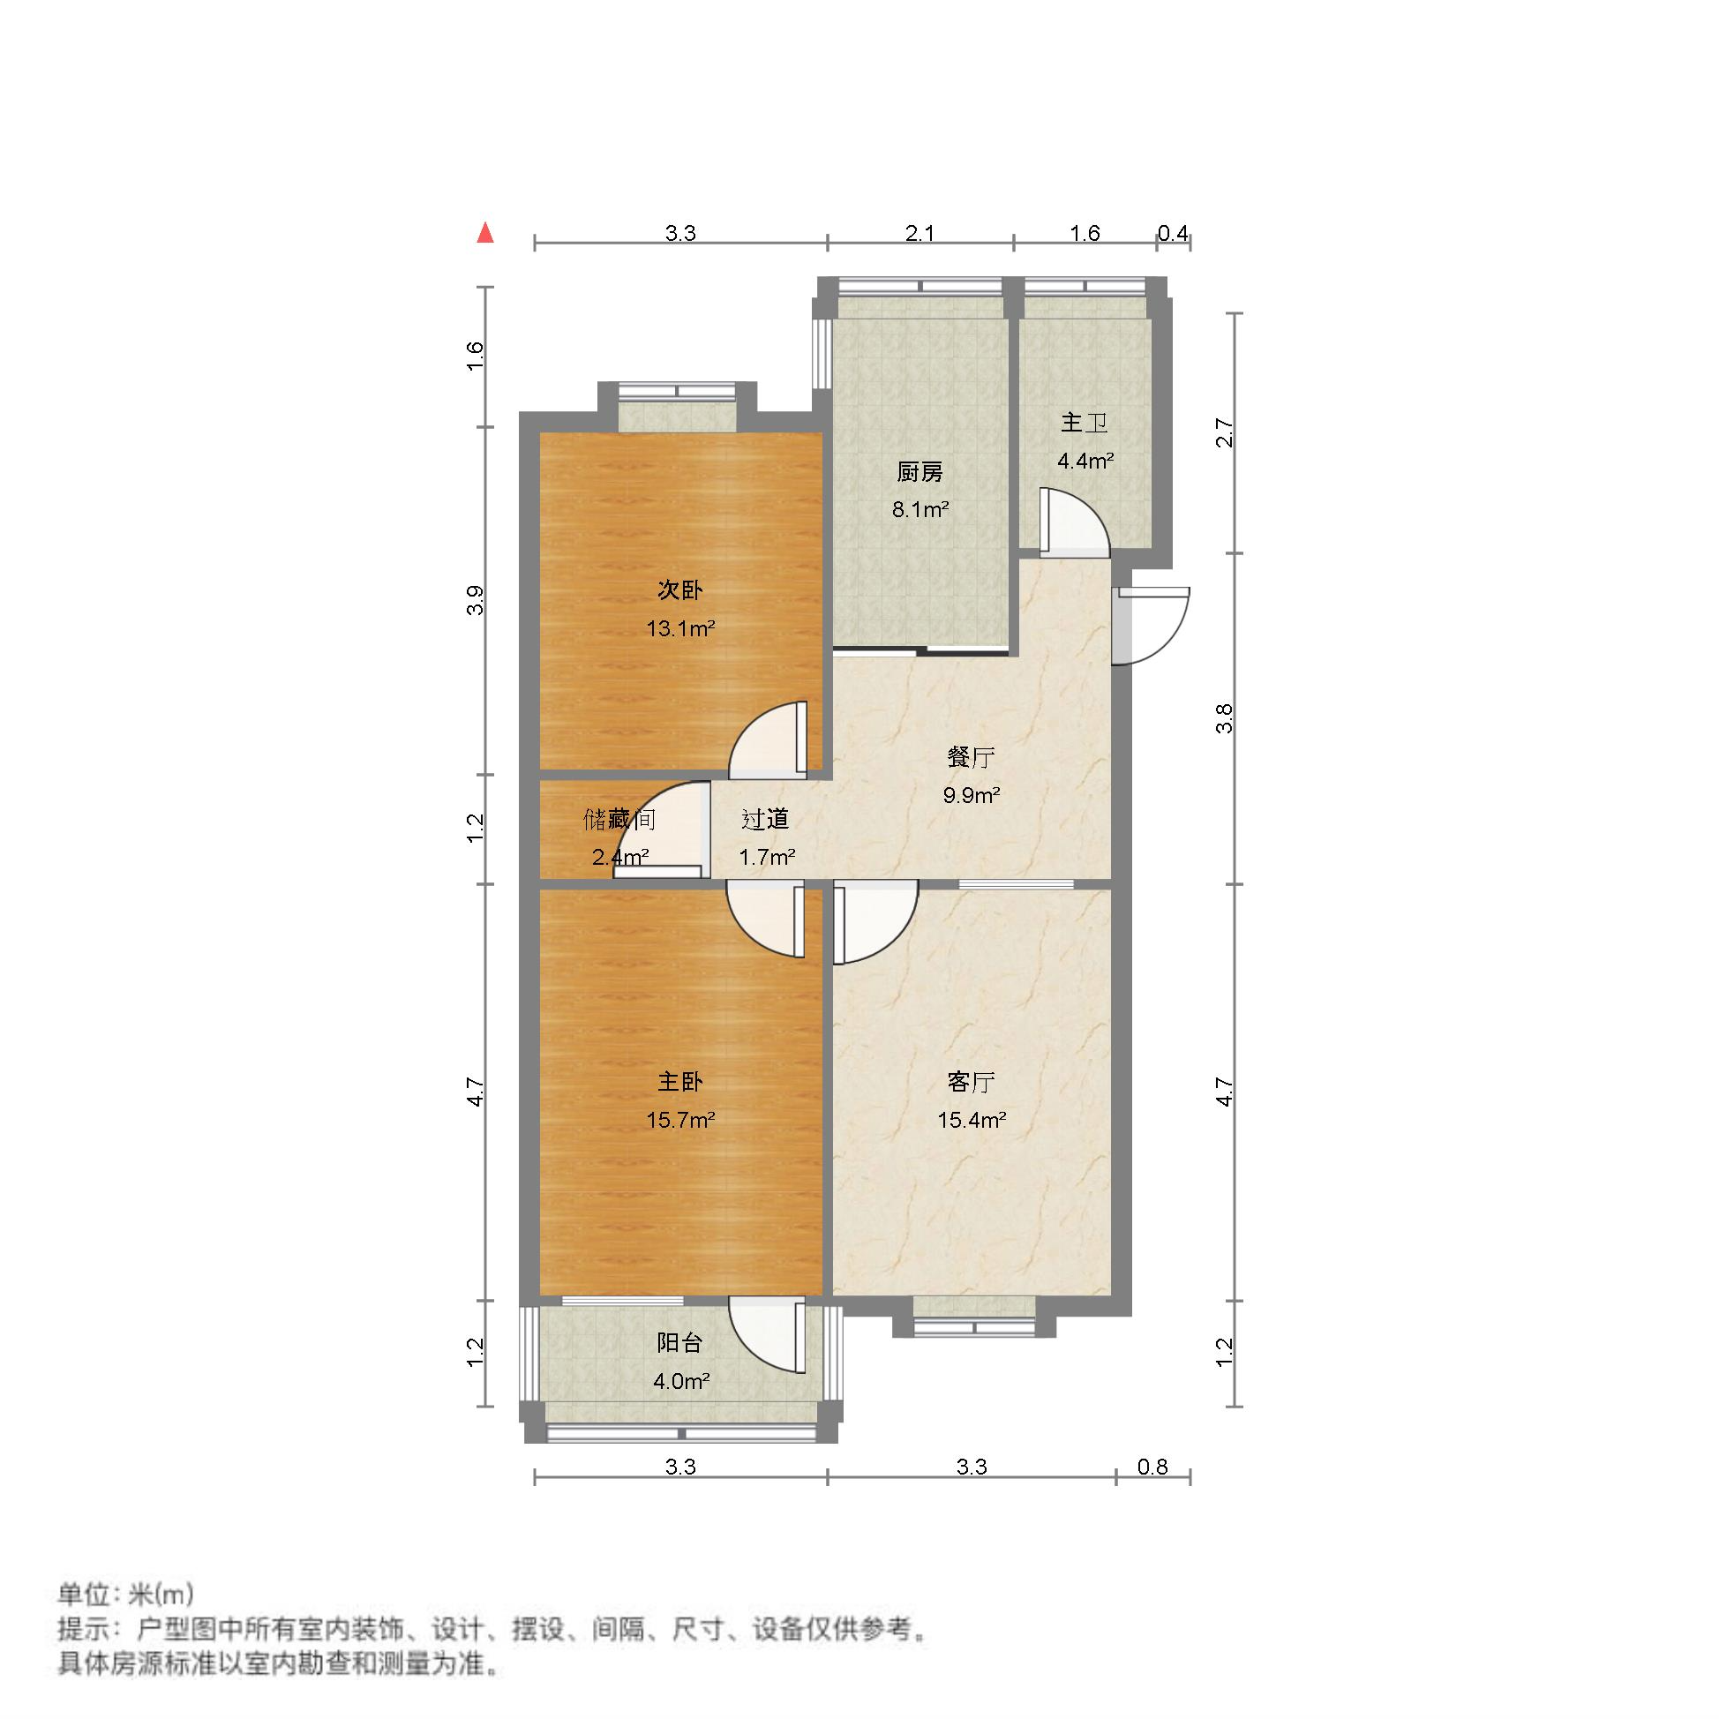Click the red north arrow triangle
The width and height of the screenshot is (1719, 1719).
[485, 234]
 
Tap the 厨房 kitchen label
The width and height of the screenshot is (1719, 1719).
[920, 471]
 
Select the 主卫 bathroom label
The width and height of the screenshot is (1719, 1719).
[1084, 423]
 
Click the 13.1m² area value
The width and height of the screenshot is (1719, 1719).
[680, 629]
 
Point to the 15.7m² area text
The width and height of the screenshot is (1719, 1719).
[680, 1120]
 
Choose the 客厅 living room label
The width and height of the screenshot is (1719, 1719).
[971, 1082]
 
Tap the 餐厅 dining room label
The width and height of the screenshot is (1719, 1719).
[971, 757]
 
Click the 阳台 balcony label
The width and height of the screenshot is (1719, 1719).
[680, 1344]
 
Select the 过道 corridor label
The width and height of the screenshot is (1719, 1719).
[765, 819]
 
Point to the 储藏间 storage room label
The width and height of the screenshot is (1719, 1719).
[619, 819]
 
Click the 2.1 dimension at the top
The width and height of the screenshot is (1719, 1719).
[920, 233]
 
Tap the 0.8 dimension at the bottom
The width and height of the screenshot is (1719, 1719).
[1152, 1467]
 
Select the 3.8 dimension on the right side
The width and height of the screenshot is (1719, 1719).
[1225, 718]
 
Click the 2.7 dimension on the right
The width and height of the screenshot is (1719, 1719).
[1225, 433]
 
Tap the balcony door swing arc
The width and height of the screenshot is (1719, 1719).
[767, 1333]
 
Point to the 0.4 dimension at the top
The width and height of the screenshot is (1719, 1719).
[1173, 233]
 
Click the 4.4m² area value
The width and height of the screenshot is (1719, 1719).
[1085, 461]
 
